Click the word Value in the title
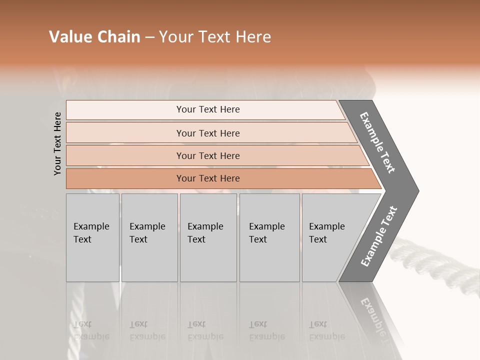click(69, 37)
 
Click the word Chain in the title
click(118, 37)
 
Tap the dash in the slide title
click(149, 37)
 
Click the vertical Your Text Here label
click(57, 143)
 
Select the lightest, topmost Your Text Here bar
click(207, 109)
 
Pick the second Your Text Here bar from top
click(207, 133)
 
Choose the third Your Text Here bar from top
click(207, 155)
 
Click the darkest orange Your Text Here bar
click(207, 178)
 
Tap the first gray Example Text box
click(92, 237)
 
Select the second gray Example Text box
click(149, 237)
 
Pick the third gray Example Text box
click(207, 237)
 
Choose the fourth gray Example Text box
click(269, 237)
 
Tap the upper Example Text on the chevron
click(377, 142)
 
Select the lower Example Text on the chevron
click(378, 236)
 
